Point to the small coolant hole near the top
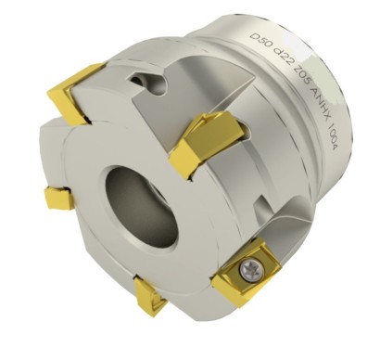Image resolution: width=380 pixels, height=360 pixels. [x=147, y=81]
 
